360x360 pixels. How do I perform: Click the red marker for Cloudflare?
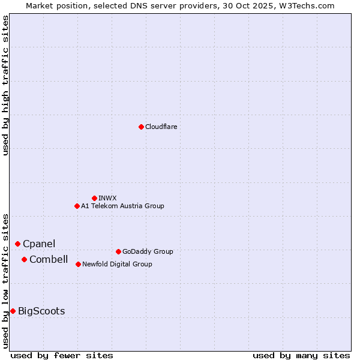pos(141,127)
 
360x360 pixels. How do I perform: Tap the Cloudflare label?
pos(161,127)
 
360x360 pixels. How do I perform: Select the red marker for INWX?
pos(94,198)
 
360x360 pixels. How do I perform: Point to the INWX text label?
pos(107,198)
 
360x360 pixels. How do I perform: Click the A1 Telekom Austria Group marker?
pos(77,206)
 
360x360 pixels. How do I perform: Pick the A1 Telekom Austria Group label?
pos(122,206)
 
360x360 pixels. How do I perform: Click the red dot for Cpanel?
pos(17,244)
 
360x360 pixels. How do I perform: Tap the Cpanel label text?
pos(39,244)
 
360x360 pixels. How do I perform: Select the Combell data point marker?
pos(24,259)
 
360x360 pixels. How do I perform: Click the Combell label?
pos(49,259)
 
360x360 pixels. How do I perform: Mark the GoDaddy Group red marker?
pos(118,251)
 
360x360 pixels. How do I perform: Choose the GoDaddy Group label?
pos(148,251)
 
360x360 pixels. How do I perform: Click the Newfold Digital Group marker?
pos(78,264)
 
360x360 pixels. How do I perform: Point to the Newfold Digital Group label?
pos(117,264)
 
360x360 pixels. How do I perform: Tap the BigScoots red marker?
pos(13,311)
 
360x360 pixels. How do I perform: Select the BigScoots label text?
pos(41,311)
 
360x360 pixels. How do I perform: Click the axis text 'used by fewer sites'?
pos(62,355)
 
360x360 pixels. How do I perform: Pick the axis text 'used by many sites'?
pos(301,355)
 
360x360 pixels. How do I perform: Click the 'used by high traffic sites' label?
pos(5,85)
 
